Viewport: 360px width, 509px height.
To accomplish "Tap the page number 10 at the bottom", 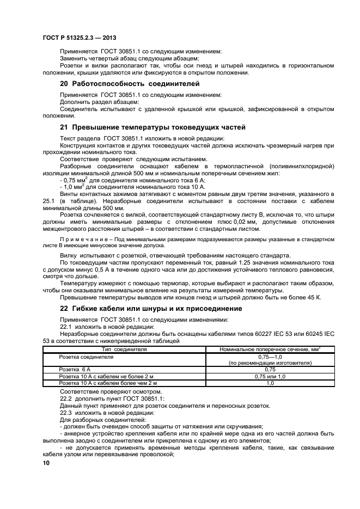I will pyautogui.click(x=46, y=463).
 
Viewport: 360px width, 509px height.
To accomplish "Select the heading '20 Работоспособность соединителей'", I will pyautogui.click(x=130, y=84).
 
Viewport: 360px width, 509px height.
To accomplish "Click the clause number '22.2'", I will pyautogui.click(x=65, y=398).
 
